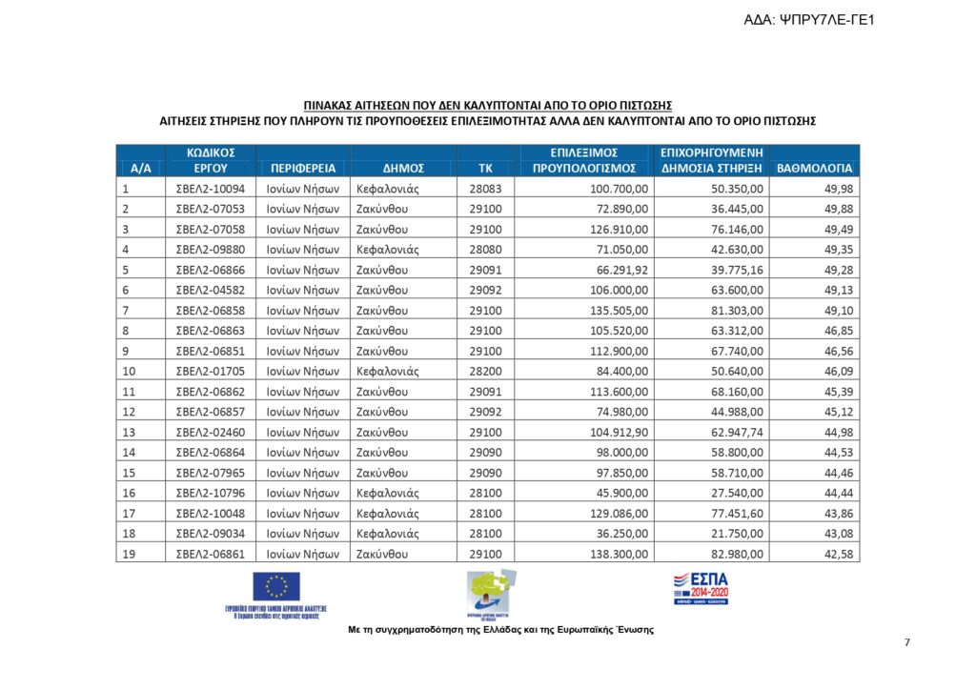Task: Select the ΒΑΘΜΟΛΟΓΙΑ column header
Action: click(x=814, y=168)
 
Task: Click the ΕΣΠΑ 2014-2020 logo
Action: click(x=701, y=589)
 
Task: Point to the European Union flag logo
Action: click(x=275, y=587)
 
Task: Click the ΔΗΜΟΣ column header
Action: click(x=403, y=168)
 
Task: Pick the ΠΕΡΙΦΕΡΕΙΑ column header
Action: click(x=303, y=168)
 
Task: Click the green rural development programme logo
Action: click(x=491, y=593)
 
